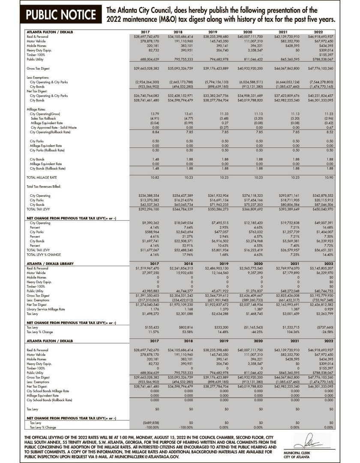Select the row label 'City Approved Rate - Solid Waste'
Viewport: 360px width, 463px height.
tap(54, 127)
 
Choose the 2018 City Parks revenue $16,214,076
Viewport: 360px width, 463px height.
tap(181, 200)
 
